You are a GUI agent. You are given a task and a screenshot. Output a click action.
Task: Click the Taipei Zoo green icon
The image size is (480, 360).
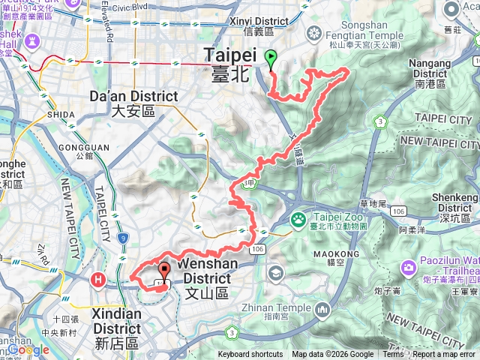pyautogui.click(x=298, y=220)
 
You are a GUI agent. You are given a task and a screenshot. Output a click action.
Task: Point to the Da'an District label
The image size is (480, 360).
pyautogui.click(x=133, y=103)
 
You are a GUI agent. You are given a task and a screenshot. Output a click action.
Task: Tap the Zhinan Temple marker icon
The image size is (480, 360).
pyautogui.click(x=322, y=309)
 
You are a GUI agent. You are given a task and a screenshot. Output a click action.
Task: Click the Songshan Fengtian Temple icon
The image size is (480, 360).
pyautogui.click(x=313, y=34)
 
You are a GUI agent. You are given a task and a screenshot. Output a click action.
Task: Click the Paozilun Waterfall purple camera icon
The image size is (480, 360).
pyautogui.click(x=409, y=266)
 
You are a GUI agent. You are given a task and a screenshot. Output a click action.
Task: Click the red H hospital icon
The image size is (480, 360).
pyautogui.click(x=97, y=280)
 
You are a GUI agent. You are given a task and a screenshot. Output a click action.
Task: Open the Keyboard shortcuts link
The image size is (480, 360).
pyautogui.click(x=250, y=355)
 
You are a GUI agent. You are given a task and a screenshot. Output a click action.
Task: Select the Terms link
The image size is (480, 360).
pyautogui.click(x=393, y=355)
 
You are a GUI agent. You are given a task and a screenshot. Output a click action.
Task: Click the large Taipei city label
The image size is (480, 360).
pyautogui.click(x=230, y=61)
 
